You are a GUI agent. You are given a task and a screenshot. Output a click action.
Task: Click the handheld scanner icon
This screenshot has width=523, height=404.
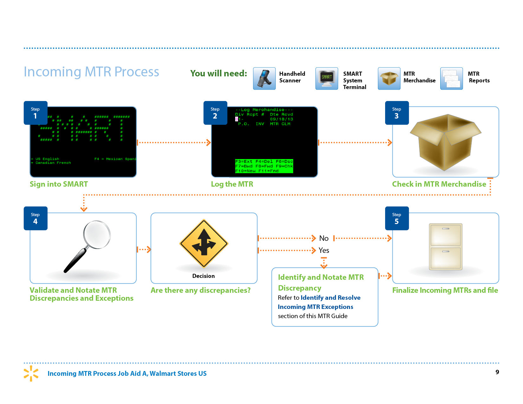[x=264, y=79]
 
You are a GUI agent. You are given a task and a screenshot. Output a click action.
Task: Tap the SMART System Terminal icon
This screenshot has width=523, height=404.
[x=326, y=79]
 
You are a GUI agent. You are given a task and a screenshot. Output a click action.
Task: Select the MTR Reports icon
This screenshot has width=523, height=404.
[x=451, y=79]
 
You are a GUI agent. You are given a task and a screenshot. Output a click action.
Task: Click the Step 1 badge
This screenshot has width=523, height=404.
[x=36, y=113]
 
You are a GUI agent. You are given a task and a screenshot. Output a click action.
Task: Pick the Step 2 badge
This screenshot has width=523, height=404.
[x=215, y=113]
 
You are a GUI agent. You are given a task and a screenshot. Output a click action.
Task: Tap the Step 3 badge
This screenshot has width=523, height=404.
[x=397, y=113]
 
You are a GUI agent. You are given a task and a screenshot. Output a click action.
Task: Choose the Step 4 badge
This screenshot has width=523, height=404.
[x=36, y=218]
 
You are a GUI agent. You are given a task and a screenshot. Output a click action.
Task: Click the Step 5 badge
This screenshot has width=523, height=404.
[x=397, y=218]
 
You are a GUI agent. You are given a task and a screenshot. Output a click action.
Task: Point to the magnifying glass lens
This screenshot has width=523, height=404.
[x=97, y=234]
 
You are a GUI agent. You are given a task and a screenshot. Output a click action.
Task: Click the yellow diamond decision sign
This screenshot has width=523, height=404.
[x=204, y=243]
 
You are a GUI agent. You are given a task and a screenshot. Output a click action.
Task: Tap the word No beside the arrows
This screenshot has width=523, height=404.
[x=324, y=238]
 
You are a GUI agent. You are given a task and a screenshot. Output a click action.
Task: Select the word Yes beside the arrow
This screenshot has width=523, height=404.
[x=324, y=250]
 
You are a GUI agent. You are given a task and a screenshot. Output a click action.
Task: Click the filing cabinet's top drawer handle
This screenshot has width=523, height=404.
[x=446, y=229]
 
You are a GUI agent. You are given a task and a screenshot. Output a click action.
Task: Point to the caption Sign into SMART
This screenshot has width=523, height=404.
[x=59, y=184]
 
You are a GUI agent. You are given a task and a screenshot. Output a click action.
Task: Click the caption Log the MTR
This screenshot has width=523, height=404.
[x=232, y=184]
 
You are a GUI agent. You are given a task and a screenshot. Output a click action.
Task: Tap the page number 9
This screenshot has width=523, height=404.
[x=497, y=372]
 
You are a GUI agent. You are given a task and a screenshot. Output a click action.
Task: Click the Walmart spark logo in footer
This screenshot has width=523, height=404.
[x=31, y=373]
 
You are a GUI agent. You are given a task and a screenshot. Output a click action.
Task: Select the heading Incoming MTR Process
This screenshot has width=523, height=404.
[x=91, y=72]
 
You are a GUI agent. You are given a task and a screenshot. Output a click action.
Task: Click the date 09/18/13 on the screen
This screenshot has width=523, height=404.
[x=281, y=119]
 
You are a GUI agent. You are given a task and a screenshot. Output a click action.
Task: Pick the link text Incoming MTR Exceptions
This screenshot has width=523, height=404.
[x=315, y=307]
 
